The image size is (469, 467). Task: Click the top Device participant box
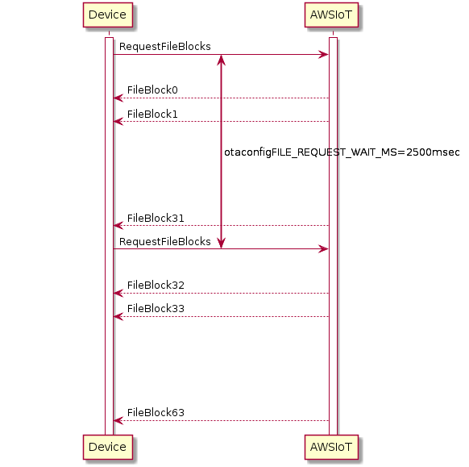click(x=108, y=15)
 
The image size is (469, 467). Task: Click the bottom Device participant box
click(x=108, y=447)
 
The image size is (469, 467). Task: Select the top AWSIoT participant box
click(x=331, y=15)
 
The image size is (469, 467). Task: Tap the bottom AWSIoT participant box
click(x=331, y=447)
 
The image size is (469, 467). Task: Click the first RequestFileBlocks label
click(x=165, y=47)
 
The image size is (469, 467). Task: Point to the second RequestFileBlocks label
click(x=165, y=242)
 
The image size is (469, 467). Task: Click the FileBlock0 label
click(x=152, y=90)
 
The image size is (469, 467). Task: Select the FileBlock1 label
click(x=152, y=114)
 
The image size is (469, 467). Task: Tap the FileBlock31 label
click(x=156, y=219)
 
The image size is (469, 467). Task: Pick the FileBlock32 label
click(x=156, y=286)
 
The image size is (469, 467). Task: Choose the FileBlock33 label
click(x=156, y=309)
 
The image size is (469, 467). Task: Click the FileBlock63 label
click(x=156, y=412)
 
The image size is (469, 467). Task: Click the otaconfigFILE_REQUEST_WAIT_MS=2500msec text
click(x=342, y=152)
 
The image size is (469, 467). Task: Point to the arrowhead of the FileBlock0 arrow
click(x=118, y=98)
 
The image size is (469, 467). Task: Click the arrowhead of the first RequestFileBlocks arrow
click(x=324, y=55)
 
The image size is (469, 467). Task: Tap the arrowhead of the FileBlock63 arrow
click(x=118, y=420)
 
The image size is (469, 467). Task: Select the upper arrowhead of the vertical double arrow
click(x=221, y=60)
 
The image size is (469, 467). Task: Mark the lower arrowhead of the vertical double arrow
click(x=221, y=244)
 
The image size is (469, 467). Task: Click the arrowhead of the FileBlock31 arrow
click(x=118, y=225)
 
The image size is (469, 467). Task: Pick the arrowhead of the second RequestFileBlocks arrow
click(x=324, y=248)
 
